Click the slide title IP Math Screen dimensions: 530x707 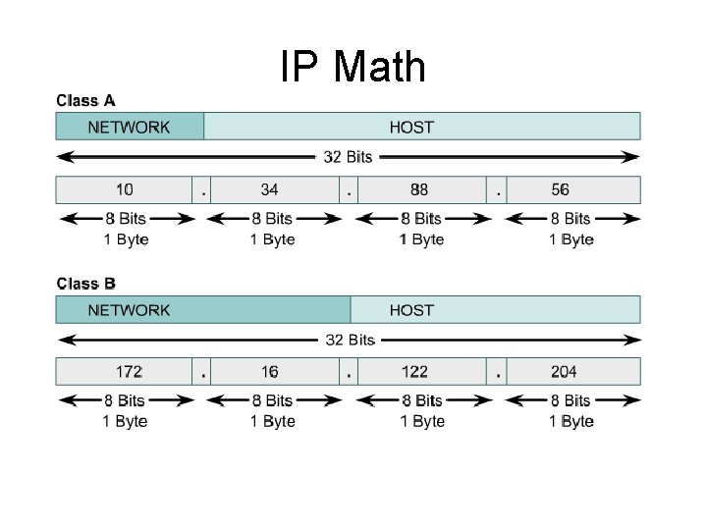353,68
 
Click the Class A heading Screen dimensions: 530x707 85,100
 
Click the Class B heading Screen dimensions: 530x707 85,284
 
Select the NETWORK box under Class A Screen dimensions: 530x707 129,127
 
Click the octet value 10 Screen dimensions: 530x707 125,189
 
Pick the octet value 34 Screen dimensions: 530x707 270,189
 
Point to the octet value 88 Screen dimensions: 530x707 419,189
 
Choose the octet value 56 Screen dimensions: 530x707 560,189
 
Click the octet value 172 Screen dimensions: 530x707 129,372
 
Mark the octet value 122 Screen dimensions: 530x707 415,372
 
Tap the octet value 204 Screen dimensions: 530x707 564,372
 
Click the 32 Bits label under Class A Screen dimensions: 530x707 349,157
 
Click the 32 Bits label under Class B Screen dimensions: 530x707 351,341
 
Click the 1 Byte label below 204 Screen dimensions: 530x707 571,422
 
